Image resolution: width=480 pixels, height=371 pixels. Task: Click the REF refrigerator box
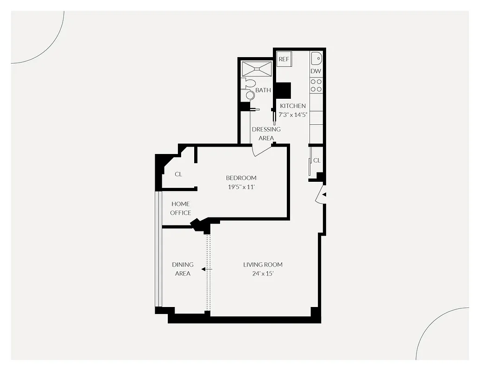coord(284,59)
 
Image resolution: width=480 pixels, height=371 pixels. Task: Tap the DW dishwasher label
coord(316,71)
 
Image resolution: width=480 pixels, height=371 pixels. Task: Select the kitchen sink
coord(316,59)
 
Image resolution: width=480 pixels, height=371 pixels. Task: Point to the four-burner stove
coord(316,84)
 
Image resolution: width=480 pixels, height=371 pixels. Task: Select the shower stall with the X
coord(256,69)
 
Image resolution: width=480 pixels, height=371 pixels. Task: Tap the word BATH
coord(263,90)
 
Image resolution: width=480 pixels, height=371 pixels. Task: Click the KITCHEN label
coord(293,106)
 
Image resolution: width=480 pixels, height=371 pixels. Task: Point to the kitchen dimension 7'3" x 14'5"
coord(293,114)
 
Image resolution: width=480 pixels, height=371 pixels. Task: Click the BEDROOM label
coord(241,178)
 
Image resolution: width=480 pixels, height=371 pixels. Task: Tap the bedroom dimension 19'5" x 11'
coord(241,187)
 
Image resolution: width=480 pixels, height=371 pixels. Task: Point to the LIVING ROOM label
coord(263,265)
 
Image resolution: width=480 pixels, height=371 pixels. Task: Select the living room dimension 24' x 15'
coord(263,274)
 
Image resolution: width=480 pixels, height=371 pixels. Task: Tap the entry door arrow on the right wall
coord(324,195)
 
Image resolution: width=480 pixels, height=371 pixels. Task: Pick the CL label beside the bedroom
coord(178,174)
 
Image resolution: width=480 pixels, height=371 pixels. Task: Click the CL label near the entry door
coord(317,160)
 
